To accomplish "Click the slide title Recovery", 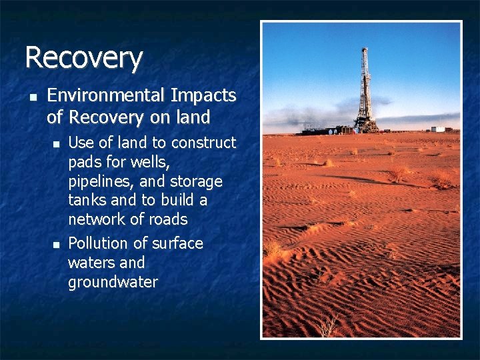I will [x=83, y=57].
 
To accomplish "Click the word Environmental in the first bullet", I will [x=107, y=96].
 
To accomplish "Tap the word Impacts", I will [x=203, y=96].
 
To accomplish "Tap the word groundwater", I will [x=113, y=282].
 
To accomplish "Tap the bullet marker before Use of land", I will [x=57, y=143].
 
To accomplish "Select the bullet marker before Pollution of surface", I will [x=57, y=244].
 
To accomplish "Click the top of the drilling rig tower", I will [x=365, y=51].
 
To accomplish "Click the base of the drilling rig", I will [x=365, y=127].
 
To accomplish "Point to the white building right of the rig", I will [x=437, y=129].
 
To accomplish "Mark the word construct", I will [x=203, y=143].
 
